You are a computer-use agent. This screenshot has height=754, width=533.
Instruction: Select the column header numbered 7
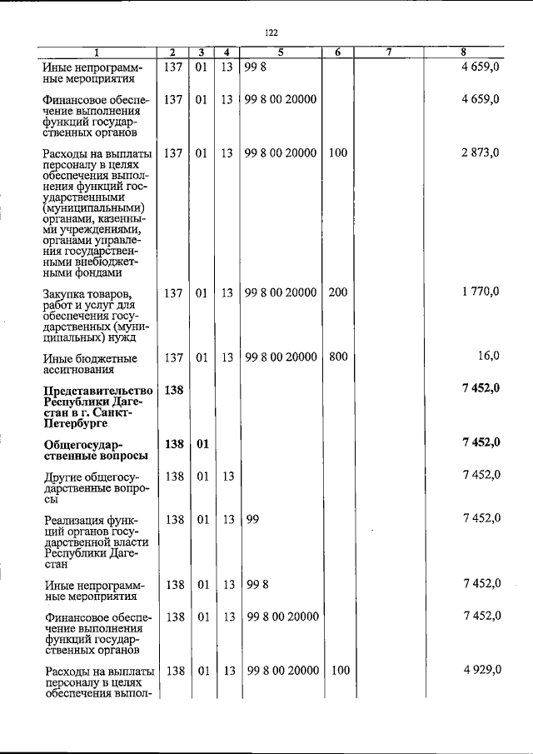point(389,52)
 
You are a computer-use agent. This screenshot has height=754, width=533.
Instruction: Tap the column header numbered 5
point(281,52)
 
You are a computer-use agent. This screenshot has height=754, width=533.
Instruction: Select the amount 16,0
point(487,357)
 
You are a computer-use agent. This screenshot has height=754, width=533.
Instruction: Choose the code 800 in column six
point(337,357)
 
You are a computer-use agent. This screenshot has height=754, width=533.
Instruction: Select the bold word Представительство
point(98,391)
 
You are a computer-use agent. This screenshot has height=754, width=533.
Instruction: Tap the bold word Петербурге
point(77,424)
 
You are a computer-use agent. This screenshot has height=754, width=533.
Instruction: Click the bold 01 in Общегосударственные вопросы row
point(202,444)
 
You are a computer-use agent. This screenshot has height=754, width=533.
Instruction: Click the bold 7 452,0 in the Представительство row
point(481,390)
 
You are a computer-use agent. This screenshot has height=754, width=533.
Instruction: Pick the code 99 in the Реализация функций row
point(252,518)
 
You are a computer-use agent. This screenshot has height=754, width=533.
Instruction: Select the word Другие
point(66,476)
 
